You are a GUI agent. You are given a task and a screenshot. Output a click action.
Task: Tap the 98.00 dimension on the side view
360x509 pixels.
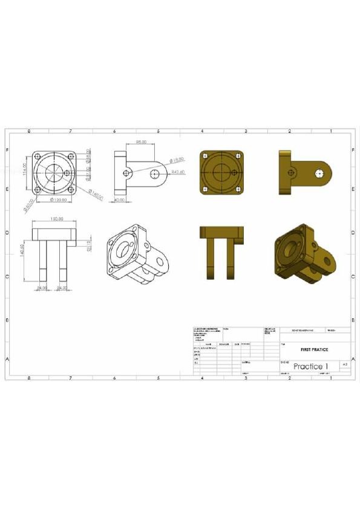click(142, 141)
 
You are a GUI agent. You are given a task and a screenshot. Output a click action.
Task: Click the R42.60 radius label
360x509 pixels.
click(178, 173)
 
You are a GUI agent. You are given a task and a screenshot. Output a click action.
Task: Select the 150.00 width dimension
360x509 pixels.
click(56, 219)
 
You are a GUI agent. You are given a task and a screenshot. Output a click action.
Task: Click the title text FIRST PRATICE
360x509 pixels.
click(314, 350)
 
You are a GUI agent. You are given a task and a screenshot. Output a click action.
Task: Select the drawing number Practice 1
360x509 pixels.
click(310, 366)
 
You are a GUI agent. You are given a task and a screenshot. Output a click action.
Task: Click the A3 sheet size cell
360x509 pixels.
click(345, 366)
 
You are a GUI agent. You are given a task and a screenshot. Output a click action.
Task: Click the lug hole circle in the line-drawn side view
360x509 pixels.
click(155, 173)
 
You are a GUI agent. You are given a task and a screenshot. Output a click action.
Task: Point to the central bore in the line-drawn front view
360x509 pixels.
click(54, 172)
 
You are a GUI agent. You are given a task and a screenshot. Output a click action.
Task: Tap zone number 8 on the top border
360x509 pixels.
click(28, 131)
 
